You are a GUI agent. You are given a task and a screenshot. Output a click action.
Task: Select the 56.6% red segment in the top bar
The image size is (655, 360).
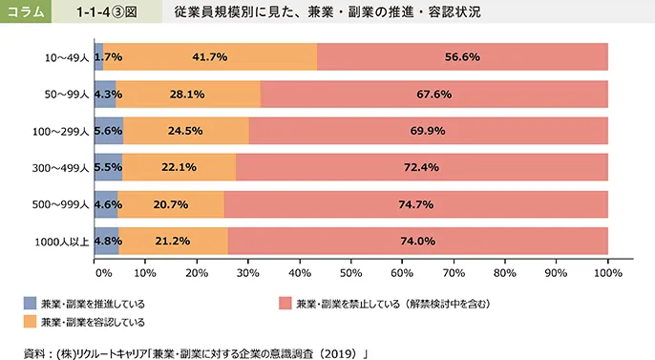coord(462,57)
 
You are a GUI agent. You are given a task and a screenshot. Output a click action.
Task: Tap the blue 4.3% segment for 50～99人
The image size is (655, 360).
coord(106,95)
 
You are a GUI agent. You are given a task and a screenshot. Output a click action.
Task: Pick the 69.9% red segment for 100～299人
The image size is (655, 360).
coord(428,131)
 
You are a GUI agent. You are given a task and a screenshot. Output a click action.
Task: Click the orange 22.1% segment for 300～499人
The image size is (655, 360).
coord(180,167)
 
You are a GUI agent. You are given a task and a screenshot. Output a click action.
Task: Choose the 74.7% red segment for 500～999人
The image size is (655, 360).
coord(415,204)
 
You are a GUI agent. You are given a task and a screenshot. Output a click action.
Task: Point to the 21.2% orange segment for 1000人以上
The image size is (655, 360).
coord(174,241)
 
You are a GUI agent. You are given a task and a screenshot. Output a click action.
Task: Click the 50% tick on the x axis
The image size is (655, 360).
coord(351,272)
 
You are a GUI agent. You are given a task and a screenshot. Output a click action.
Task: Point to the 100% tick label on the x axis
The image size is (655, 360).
coord(606,272)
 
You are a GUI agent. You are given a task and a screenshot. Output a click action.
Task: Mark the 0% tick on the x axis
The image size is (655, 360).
coord(103,272)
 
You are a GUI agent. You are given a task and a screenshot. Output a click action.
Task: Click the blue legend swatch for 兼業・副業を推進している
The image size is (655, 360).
coord(31,303)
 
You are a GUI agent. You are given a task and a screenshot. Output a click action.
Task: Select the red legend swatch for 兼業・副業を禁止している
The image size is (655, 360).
coord(285,303)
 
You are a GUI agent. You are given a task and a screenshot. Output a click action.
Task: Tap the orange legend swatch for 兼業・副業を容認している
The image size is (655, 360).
coord(31,321)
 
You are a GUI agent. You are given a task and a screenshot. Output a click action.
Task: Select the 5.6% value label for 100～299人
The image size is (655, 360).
coord(109,131)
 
